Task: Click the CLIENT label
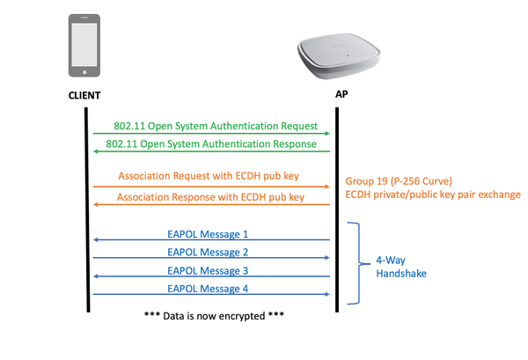pyautogui.click(x=84, y=94)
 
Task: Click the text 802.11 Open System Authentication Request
pyautogui.click(x=215, y=126)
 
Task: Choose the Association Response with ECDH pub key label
pyautogui.click(x=210, y=196)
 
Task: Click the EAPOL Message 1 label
pyautogui.click(x=208, y=234)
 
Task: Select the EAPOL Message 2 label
pyautogui.click(x=208, y=252)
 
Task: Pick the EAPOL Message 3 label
pyautogui.click(x=208, y=270)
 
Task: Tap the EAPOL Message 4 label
pyautogui.click(x=208, y=288)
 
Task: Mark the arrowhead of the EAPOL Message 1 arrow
pyautogui.click(x=96, y=240)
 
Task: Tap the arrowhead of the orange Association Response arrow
pyautogui.click(x=96, y=204)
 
